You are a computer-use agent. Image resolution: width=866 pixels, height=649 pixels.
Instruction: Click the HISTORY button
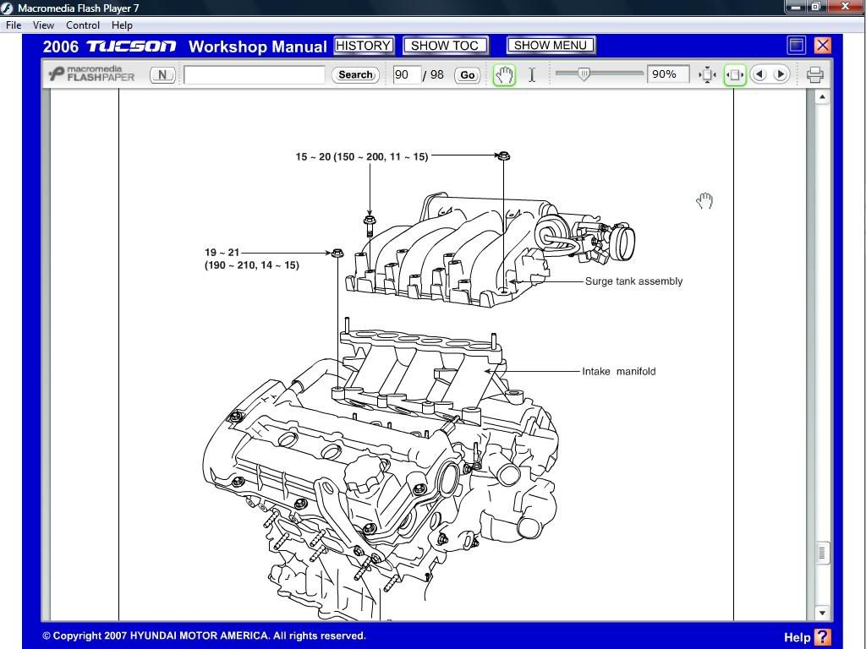(x=364, y=46)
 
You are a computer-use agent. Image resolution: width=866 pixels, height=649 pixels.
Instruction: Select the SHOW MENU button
(x=551, y=46)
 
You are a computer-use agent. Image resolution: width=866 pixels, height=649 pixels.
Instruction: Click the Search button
(x=355, y=75)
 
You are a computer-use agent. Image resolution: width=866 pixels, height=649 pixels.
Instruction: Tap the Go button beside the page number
(x=467, y=75)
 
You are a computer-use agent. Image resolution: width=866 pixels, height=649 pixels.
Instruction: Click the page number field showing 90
(x=406, y=75)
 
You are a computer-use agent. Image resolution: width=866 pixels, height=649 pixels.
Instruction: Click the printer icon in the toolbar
(x=814, y=75)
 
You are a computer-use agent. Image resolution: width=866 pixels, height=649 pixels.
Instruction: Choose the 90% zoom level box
(x=666, y=75)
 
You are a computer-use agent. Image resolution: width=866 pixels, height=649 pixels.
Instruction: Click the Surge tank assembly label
(x=633, y=281)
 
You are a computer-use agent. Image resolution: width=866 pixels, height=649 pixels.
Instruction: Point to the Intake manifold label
(x=618, y=371)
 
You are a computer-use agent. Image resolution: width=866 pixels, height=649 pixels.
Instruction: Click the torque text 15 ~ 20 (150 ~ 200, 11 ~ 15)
(x=362, y=156)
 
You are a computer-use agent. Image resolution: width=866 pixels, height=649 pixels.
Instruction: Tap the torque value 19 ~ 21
(x=222, y=252)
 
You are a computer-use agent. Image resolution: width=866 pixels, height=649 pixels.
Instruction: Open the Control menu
(x=83, y=25)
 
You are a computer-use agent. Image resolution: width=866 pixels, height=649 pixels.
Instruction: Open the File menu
(x=14, y=25)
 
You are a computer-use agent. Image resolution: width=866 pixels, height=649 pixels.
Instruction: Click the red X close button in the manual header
(x=822, y=46)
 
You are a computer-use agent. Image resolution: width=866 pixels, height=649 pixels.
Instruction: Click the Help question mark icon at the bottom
(x=822, y=637)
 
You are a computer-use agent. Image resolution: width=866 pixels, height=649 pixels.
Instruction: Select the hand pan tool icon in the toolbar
(x=504, y=75)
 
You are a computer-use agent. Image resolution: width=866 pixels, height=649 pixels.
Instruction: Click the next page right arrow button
(x=781, y=75)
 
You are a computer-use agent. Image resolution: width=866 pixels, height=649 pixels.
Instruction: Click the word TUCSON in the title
(x=131, y=46)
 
